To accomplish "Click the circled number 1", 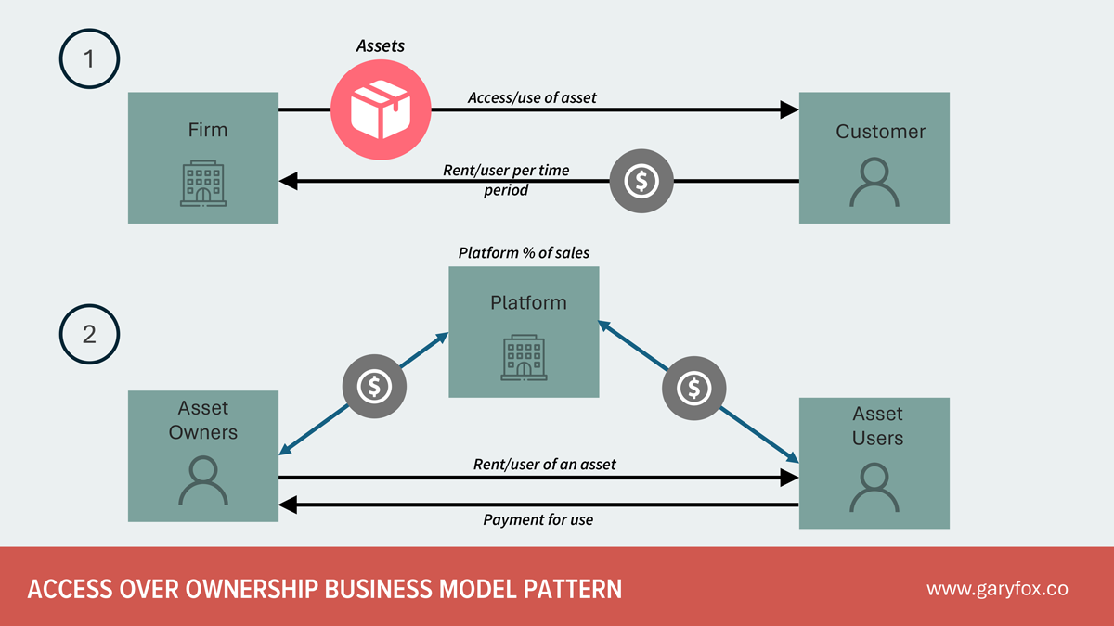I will pos(89,58).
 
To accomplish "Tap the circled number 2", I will pos(89,334).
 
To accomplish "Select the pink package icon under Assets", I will pos(381,110).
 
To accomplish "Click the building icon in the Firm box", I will pos(202,183).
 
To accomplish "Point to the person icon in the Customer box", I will pos(874,182).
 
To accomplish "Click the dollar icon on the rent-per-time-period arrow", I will pos(641,182).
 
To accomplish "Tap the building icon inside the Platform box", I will pos(524,357).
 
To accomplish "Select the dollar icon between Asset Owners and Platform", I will pos(374,386).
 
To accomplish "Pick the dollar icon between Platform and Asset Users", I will pos(693,389).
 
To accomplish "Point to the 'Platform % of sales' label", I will pos(524,252).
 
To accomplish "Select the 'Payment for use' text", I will pos(538,520).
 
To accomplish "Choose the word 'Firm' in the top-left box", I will pos(207,130).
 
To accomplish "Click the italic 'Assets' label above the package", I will pos(381,45).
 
